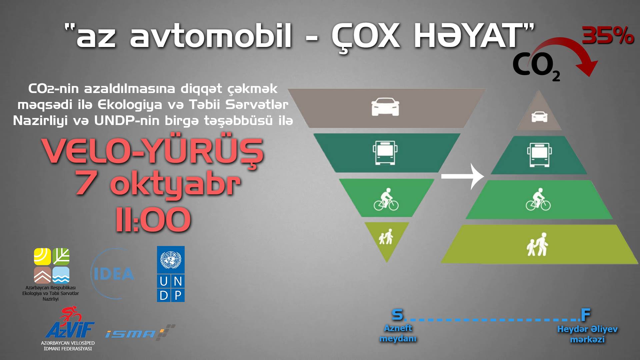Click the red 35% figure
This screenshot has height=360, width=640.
[608, 36]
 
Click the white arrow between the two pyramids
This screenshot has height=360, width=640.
[463, 176]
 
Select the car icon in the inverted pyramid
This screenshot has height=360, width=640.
[385, 107]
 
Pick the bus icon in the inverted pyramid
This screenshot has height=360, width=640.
[386, 153]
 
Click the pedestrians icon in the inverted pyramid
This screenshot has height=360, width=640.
[386, 236]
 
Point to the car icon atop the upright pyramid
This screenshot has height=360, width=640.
[539, 117]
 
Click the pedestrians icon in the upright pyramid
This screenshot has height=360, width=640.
[537, 245]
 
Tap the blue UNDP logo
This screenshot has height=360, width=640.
[171, 274]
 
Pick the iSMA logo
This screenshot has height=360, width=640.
[140, 332]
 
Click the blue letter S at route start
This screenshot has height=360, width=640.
[397, 315]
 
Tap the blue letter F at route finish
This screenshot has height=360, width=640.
[586, 314]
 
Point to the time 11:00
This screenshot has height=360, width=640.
[153, 220]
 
